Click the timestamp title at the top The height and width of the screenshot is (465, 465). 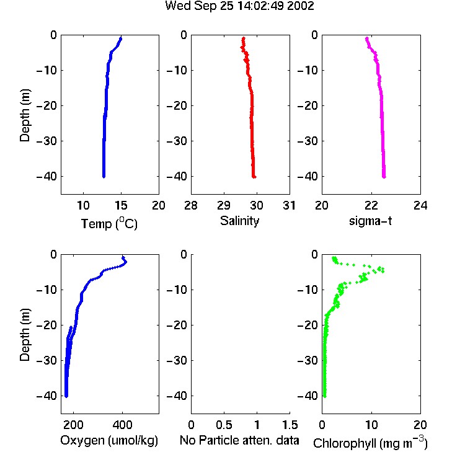(x=239, y=6)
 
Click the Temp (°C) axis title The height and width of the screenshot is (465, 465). (x=109, y=224)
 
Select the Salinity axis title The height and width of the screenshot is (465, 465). (x=239, y=221)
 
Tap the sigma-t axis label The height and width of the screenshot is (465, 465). (x=370, y=221)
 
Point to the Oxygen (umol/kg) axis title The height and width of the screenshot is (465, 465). (x=109, y=441)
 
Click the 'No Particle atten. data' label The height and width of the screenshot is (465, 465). (x=239, y=440)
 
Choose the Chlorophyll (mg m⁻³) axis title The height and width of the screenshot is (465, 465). (x=370, y=443)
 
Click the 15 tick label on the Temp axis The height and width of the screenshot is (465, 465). (x=121, y=205)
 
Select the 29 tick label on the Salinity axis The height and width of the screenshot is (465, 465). (x=224, y=205)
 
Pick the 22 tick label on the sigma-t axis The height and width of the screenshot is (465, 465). (x=371, y=205)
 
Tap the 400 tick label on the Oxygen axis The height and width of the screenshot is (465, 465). (x=123, y=425)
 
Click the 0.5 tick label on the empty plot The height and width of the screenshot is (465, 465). (x=224, y=425)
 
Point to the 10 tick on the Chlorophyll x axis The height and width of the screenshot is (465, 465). (x=371, y=425)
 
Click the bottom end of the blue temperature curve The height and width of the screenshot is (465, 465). (x=104, y=177)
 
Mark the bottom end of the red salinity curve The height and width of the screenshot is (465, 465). (x=254, y=177)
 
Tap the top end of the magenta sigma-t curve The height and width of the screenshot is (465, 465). (x=367, y=38)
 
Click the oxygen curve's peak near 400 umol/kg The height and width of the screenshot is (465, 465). (x=126, y=262)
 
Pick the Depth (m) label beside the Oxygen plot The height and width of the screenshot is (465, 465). (x=25, y=335)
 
